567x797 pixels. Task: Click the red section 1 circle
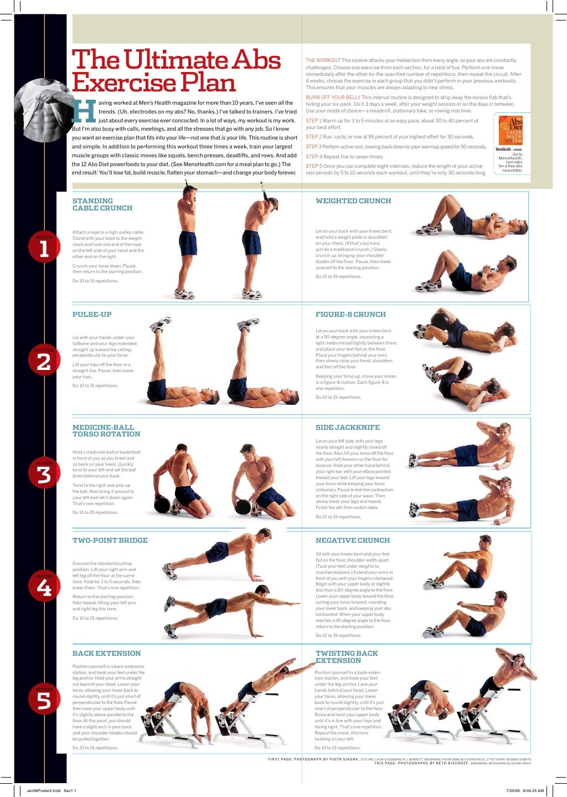[44, 249]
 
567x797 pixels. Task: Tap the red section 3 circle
[44, 475]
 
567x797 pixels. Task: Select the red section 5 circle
[44, 701]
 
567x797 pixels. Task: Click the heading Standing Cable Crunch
[102, 204]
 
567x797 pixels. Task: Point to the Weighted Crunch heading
[353, 201]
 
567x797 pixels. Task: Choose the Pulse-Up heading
[92, 314]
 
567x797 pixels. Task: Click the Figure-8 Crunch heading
[350, 314]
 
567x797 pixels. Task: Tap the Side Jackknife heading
[348, 427]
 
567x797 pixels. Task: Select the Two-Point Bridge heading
[110, 540]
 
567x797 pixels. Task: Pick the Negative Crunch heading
[353, 540]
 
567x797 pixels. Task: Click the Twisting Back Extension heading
[347, 657]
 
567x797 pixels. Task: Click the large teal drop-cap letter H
[84, 111]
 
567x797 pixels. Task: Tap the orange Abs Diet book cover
[510, 130]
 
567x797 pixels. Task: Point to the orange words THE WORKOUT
[323, 60]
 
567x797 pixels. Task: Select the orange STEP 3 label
[313, 147]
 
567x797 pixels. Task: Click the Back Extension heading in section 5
[106, 653]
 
